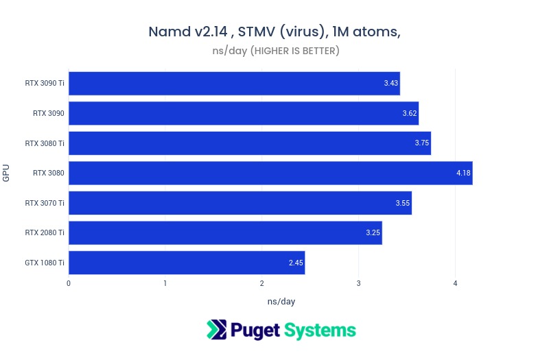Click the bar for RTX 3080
(270, 173)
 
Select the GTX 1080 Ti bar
(187, 263)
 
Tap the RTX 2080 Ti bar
(225, 232)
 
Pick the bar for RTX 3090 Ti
(234, 83)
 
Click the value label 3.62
(410, 113)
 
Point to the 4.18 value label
(463, 173)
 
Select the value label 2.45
(296, 263)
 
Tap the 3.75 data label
(422, 143)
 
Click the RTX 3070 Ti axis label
(45, 203)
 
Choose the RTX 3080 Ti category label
(45, 143)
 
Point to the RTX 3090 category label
(49, 113)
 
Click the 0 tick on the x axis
(69, 283)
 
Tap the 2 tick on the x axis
(262, 283)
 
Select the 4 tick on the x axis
(455, 283)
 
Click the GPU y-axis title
(6, 173)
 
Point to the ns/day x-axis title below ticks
(281, 301)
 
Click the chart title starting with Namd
(274, 32)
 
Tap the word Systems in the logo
(320, 331)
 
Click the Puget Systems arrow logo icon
(216, 330)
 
